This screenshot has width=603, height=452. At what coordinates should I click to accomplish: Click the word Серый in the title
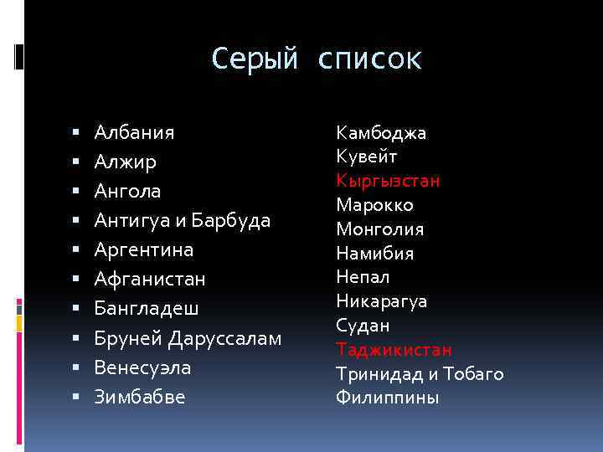(x=255, y=59)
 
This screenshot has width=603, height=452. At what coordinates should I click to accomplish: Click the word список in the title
(x=370, y=59)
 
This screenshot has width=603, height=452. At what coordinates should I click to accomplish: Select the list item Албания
(x=135, y=132)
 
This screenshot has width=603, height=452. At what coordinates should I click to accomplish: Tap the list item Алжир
(x=126, y=162)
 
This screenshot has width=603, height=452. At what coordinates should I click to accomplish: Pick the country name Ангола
(x=127, y=191)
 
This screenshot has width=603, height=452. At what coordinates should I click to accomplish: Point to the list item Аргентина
(x=144, y=249)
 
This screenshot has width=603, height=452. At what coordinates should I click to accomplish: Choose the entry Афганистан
(x=150, y=279)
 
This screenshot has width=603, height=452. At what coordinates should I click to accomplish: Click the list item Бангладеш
(x=147, y=308)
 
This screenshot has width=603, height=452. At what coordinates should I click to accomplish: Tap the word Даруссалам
(x=225, y=338)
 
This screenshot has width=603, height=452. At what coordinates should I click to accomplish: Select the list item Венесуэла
(x=143, y=367)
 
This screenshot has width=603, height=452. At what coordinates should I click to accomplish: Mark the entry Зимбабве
(x=140, y=397)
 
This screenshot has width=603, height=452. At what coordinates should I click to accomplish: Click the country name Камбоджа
(x=381, y=132)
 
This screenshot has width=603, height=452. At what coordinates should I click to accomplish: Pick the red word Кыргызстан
(x=389, y=181)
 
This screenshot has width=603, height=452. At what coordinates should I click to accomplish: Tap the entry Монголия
(x=380, y=229)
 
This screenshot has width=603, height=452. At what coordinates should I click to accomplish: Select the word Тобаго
(x=473, y=373)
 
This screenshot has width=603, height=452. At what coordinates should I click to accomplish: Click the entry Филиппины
(x=387, y=398)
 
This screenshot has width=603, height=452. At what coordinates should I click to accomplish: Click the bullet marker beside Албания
(x=75, y=133)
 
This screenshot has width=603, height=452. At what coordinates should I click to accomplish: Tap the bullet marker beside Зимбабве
(x=75, y=398)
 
